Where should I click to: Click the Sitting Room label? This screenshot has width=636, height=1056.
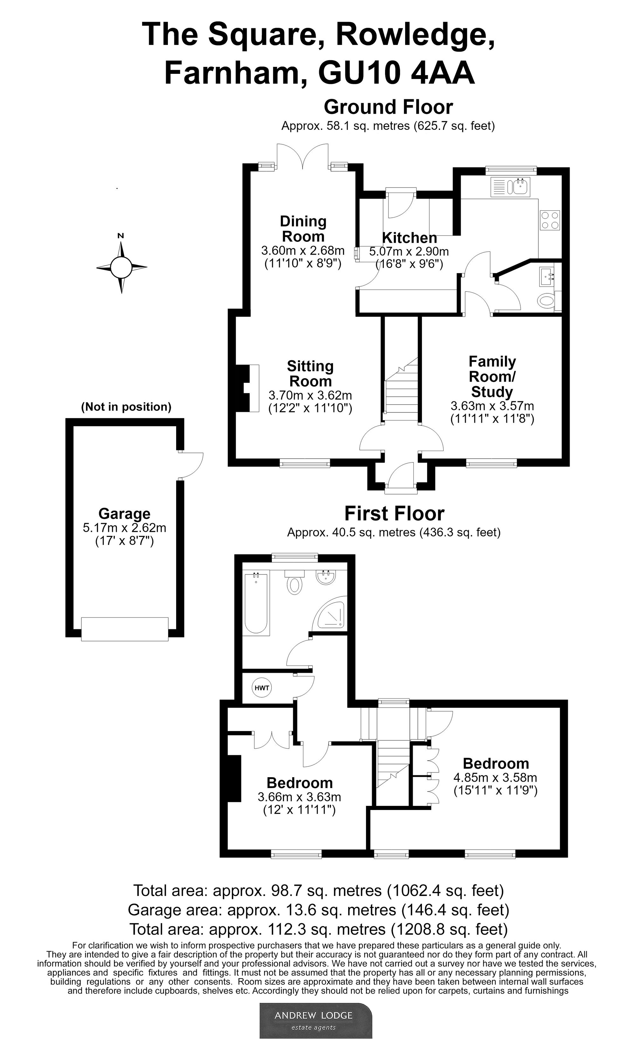tap(310, 374)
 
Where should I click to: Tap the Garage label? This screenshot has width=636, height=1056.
tap(124, 513)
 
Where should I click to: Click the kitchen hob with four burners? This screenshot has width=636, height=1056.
tap(550, 220)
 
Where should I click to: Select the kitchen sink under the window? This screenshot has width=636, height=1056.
tap(511, 187)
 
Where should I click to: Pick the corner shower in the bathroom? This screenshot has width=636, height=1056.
tap(329, 612)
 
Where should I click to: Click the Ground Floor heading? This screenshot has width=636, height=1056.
tap(388, 107)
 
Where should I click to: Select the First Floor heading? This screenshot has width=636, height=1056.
tap(394, 513)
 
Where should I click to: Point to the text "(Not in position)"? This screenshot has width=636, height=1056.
tap(126, 406)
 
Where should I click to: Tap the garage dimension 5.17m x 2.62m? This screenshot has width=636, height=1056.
tap(124, 528)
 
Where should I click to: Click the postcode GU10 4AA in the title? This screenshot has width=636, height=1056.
tap(396, 73)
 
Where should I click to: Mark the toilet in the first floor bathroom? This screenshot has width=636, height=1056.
tap(294, 581)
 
